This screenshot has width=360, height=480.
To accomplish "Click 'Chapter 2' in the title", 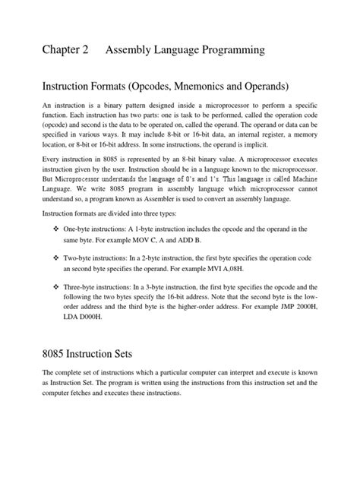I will [65, 50].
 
